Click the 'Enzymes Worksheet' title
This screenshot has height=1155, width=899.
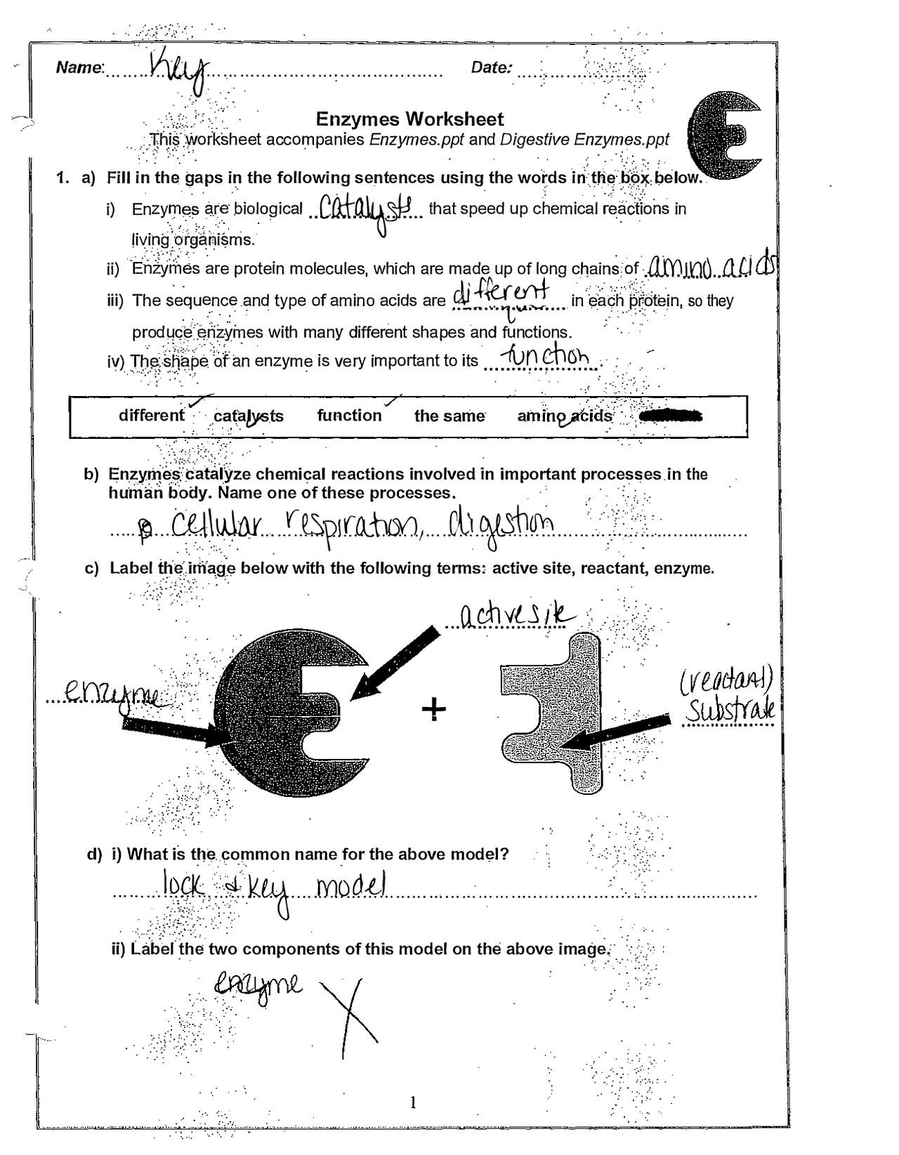(x=409, y=119)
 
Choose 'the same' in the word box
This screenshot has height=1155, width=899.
(x=449, y=416)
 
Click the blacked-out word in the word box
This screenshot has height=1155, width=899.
(x=671, y=416)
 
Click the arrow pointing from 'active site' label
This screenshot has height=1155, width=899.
(x=393, y=664)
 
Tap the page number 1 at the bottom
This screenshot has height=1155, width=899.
(x=413, y=1102)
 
